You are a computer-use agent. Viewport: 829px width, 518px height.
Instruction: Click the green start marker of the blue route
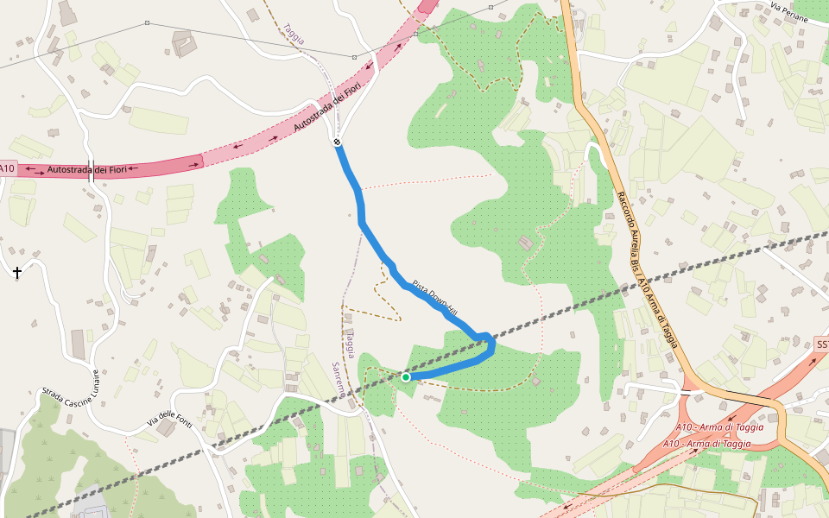pos(406,376)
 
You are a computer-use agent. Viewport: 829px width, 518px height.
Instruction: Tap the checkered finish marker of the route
pos(338,142)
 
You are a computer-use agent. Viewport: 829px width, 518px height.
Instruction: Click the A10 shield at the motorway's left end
pos(8,168)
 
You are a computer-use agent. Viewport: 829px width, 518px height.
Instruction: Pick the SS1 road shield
pos(821,344)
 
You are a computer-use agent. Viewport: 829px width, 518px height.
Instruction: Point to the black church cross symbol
pos(16,273)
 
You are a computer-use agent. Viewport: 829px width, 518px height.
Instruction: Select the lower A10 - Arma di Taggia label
pos(706,444)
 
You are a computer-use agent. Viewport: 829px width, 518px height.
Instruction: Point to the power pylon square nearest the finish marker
pos(354,57)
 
